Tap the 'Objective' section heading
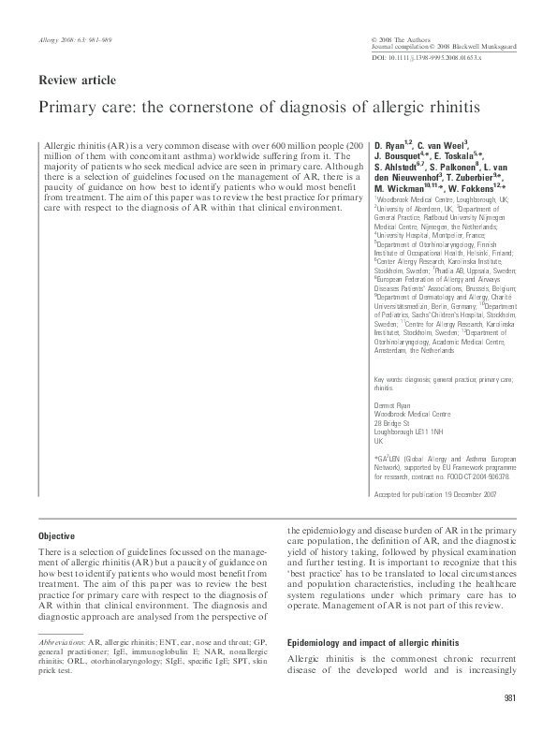point(56,535)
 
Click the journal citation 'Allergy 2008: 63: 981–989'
point(74,42)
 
